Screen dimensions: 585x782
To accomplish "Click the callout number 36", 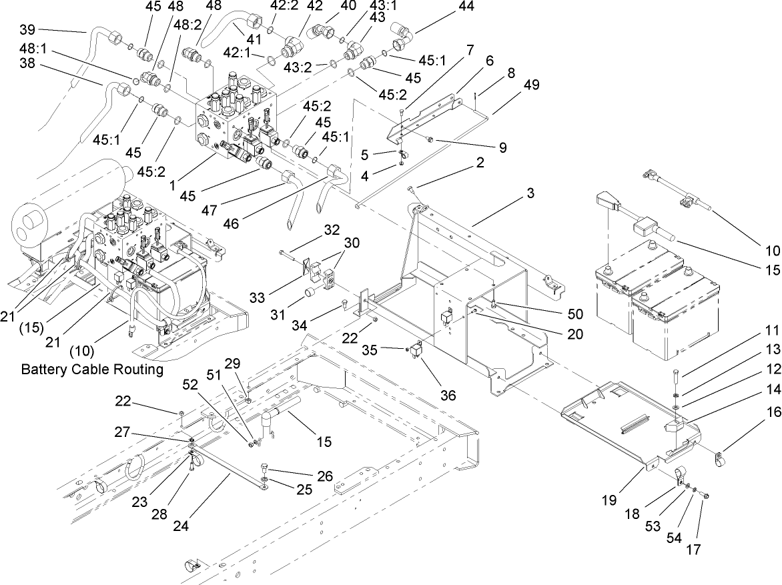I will [448, 395].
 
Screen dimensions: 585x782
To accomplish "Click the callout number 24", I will [181, 525].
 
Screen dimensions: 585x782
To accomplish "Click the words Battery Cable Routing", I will [91, 370].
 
